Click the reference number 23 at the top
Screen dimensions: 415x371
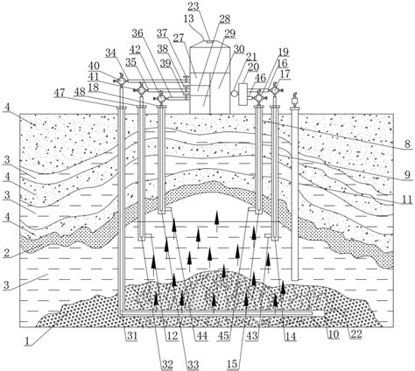[x=193, y=6]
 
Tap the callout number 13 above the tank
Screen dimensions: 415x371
[x=189, y=18]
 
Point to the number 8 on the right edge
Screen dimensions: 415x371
[x=408, y=144]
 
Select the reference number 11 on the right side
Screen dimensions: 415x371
[x=407, y=199]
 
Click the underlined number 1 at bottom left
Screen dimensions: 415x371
[x=27, y=340]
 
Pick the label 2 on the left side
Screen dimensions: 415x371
[x=6, y=253]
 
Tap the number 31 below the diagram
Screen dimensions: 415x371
[x=131, y=336]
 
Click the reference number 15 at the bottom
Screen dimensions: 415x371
[x=232, y=364]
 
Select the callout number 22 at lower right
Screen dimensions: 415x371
[x=355, y=334]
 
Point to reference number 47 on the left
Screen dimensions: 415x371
[x=60, y=93]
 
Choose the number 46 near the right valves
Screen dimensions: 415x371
[x=261, y=78]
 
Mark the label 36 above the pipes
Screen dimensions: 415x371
[x=137, y=33]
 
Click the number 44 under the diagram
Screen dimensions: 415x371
[x=201, y=336]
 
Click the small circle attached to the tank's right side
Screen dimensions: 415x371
[x=234, y=94]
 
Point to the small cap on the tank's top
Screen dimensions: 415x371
[x=209, y=41]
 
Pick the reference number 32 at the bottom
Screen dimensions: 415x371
[x=167, y=364]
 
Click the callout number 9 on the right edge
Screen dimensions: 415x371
[x=408, y=175]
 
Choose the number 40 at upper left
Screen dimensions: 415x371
[x=94, y=66]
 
